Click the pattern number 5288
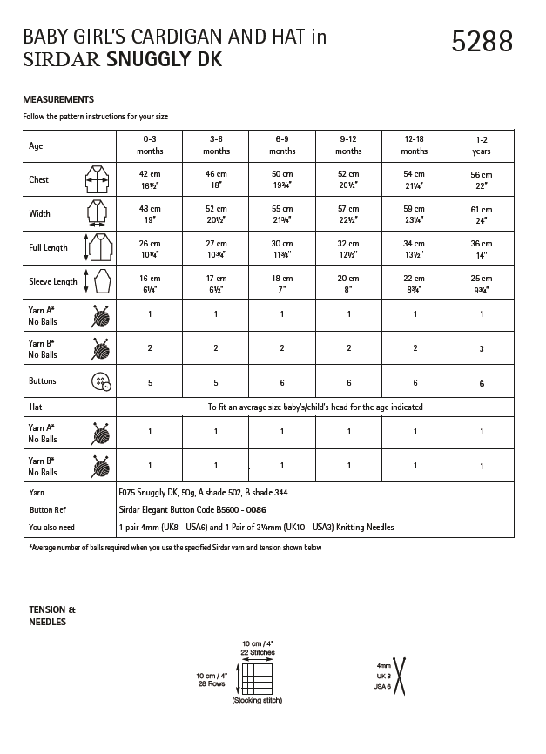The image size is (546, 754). coord(482,41)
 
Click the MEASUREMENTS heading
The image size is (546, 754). coord(58,99)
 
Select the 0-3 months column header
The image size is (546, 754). coord(150,145)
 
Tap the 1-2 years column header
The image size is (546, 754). coord(481,145)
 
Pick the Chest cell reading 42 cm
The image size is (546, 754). coord(150,179)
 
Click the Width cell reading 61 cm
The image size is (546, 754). coord(481,214)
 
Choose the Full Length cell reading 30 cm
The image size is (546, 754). coord(282,248)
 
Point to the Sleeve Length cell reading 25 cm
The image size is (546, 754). coord(481,282)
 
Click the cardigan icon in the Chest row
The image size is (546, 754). coord(97,180)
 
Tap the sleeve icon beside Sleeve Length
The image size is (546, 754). coord(97,282)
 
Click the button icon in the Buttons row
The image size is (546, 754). coord(101,381)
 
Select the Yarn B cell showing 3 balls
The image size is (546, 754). coord(481,348)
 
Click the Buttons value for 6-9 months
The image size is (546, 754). coord(282,381)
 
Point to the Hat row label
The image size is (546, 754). coord(37,407)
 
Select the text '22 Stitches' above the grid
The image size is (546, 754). coord(257,651)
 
